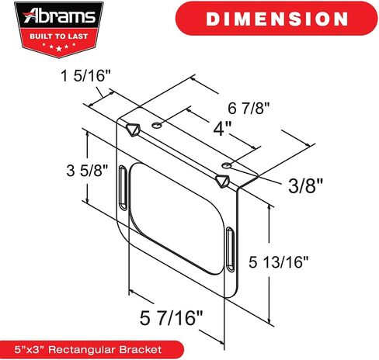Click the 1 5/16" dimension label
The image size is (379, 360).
(x=85, y=76)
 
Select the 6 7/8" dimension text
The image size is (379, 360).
(x=249, y=108)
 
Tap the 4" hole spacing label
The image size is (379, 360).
(x=222, y=128)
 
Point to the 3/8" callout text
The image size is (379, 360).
(x=305, y=185)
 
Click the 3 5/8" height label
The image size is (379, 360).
(x=87, y=171)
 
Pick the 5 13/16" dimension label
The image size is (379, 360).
(x=279, y=262)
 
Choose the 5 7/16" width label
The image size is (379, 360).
(x=171, y=318)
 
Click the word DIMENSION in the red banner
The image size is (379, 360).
(x=276, y=19)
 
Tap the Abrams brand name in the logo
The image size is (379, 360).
(x=59, y=16)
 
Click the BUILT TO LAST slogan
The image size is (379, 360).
(x=59, y=36)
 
